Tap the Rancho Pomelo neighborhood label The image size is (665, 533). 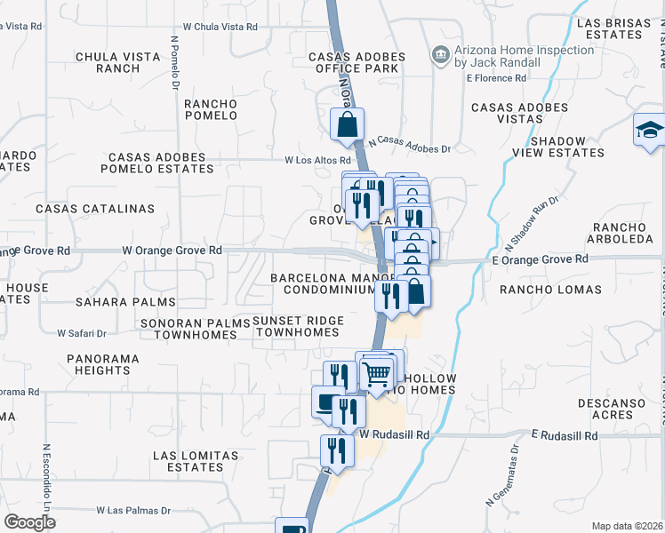coord(211,110)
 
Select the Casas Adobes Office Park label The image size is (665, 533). coord(357,63)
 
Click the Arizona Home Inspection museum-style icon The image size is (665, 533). coord(440,57)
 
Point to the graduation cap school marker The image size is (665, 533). coord(650,131)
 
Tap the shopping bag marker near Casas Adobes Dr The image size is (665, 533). coord(349,126)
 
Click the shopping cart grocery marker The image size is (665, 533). coord(378,376)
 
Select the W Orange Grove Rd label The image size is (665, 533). coord(172,251)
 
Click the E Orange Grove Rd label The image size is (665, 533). coord(540,259)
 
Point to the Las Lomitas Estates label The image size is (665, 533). coord(196,461)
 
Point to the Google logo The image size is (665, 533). coord(29,522)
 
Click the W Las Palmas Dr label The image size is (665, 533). coord(132,511)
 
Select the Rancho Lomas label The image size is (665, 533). coord(550,290)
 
